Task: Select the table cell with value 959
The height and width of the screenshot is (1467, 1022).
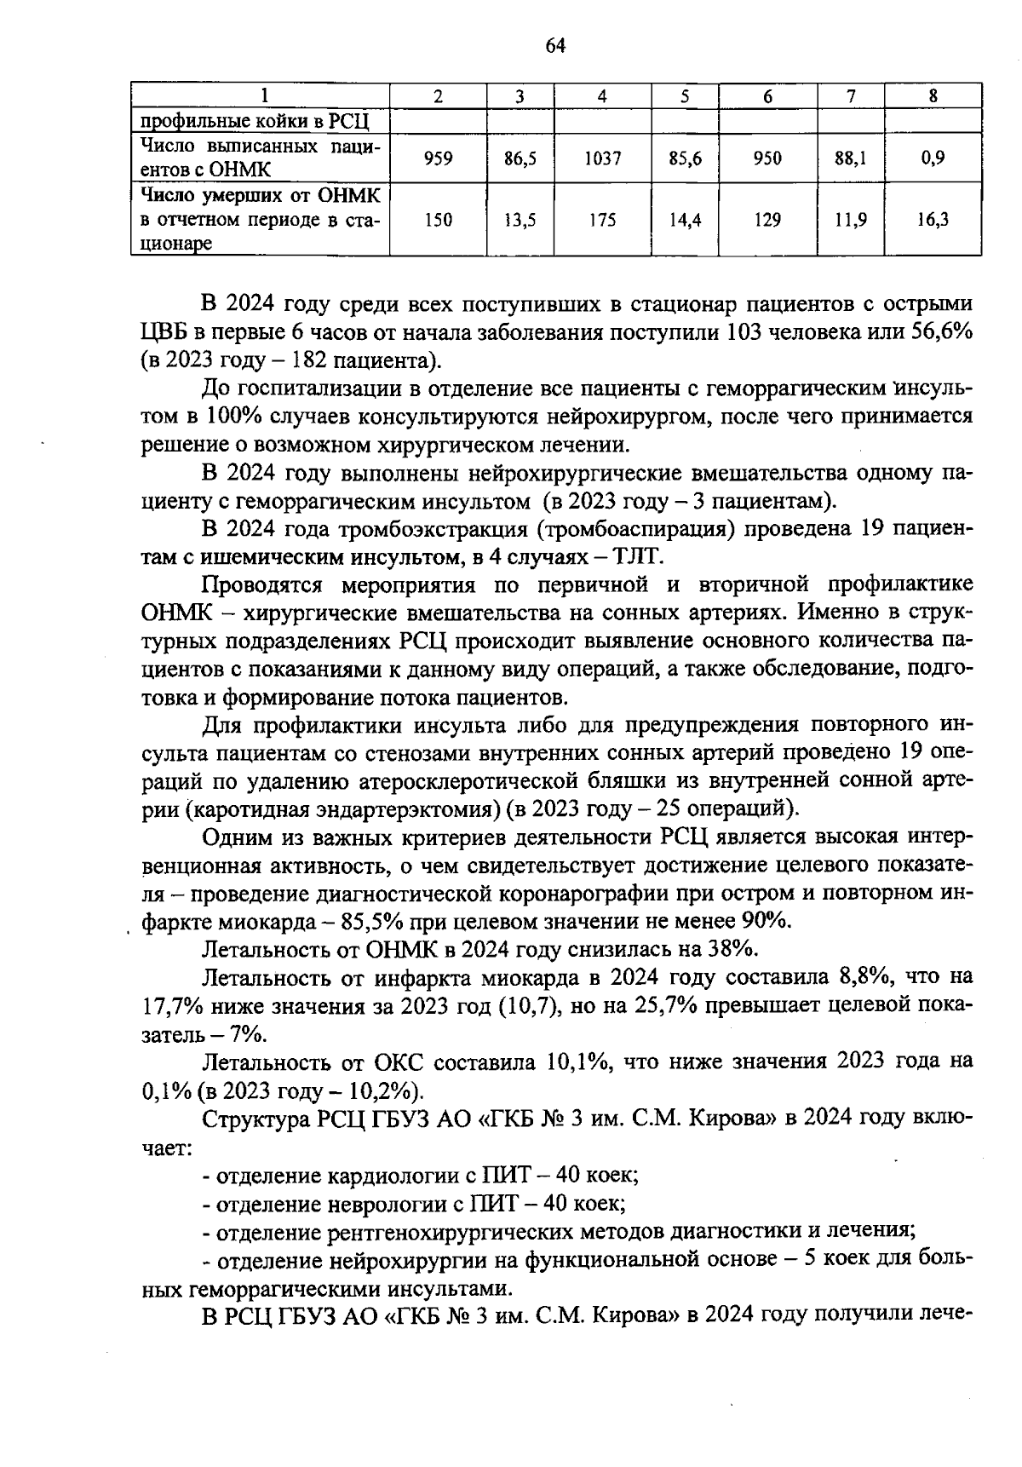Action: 438,158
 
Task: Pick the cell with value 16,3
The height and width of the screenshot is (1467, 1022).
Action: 933,220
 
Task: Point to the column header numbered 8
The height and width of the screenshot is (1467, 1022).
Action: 933,96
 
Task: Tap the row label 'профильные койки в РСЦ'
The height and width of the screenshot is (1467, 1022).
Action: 253,120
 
